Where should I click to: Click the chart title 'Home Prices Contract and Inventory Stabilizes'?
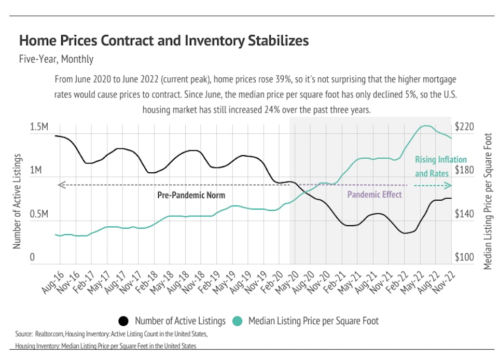point(164,40)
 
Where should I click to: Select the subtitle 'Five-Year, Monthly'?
point(56,59)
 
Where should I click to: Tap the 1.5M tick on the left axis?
point(39,127)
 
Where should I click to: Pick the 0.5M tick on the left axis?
point(39,214)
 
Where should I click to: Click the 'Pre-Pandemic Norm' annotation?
point(191,196)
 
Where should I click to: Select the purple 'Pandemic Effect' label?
point(374,195)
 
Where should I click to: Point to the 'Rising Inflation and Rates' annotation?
point(440,167)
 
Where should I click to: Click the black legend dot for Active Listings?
point(123,321)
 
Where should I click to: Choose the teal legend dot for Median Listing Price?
point(237,321)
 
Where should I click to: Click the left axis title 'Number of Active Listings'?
point(17,201)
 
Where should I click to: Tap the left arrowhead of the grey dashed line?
point(60,185)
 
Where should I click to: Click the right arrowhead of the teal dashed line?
point(449,185)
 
